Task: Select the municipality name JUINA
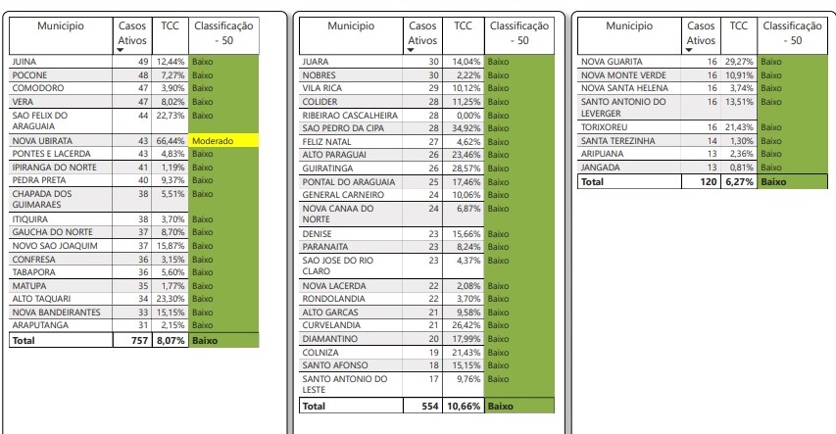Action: click(x=24, y=62)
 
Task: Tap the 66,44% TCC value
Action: click(x=172, y=141)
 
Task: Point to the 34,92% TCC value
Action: click(x=465, y=127)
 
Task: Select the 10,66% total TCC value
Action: click(x=463, y=406)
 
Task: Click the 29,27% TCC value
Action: click(x=739, y=62)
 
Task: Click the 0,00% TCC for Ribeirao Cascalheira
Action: click(x=467, y=114)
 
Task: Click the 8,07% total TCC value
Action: click(x=170, y=341)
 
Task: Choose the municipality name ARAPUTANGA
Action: click(x=40, y=324)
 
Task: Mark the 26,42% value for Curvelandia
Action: click(x=465, y=325)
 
